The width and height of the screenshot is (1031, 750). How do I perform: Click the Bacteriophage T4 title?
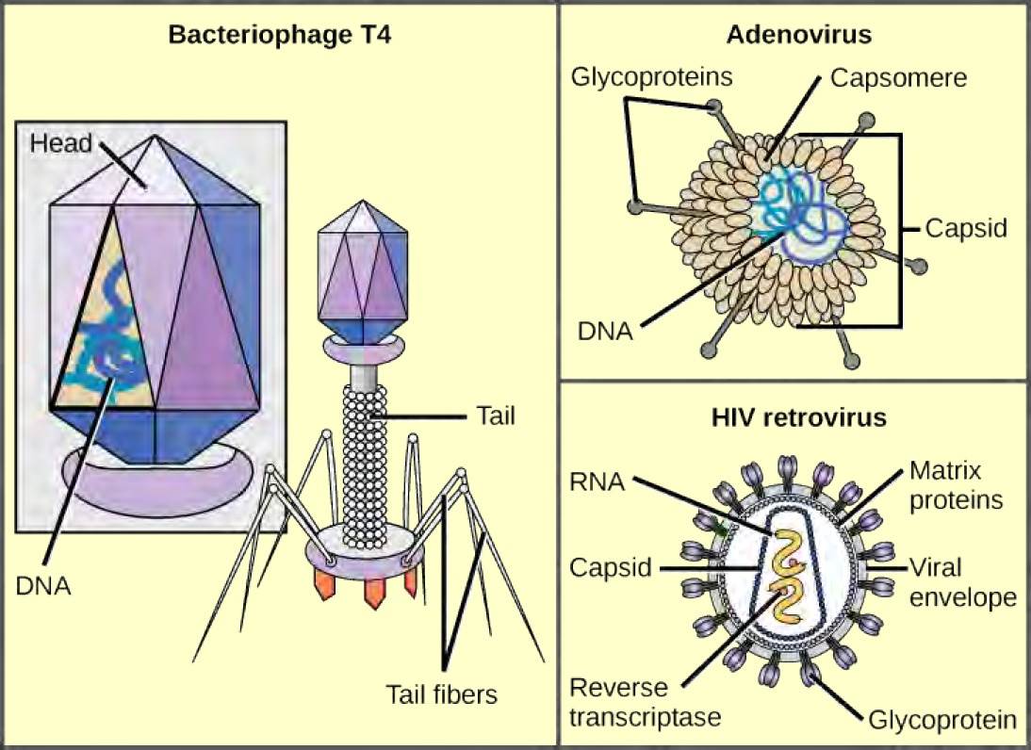point(279,38)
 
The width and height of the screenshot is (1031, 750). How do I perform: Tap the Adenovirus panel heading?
point(798,35)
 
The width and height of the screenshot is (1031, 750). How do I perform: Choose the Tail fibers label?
point(441,694)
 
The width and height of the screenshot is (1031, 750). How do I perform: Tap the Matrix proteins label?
point(956,483)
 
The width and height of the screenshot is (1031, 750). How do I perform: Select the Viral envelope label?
point(962,582)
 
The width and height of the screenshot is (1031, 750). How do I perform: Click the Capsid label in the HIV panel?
point(613,568)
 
